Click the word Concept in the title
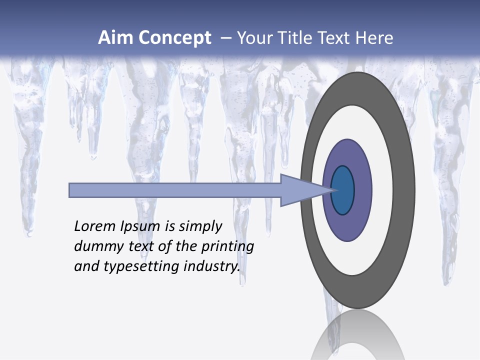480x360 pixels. tap(175, 38)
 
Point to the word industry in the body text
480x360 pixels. tap(212, 266)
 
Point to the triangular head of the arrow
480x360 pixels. tap(300, 190)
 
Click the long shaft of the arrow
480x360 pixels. tap(175, 190)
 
